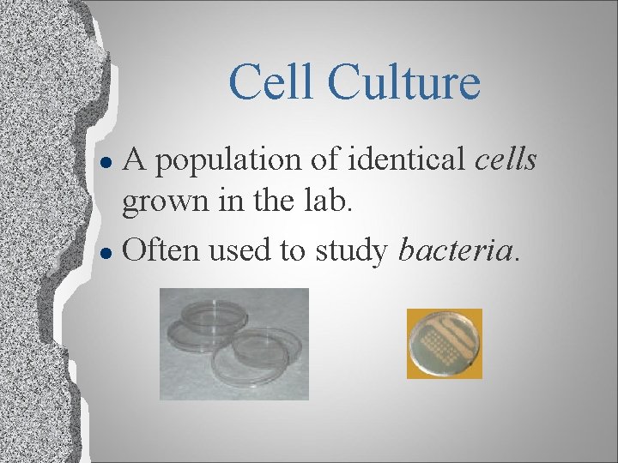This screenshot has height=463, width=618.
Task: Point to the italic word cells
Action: click(x=506, y=159)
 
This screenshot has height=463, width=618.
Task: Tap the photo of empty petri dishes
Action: click(x=234, y=344)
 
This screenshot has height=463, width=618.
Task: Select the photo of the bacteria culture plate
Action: click(x=445, y=343)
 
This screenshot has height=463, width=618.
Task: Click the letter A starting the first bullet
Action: click(x=136, y=159)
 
